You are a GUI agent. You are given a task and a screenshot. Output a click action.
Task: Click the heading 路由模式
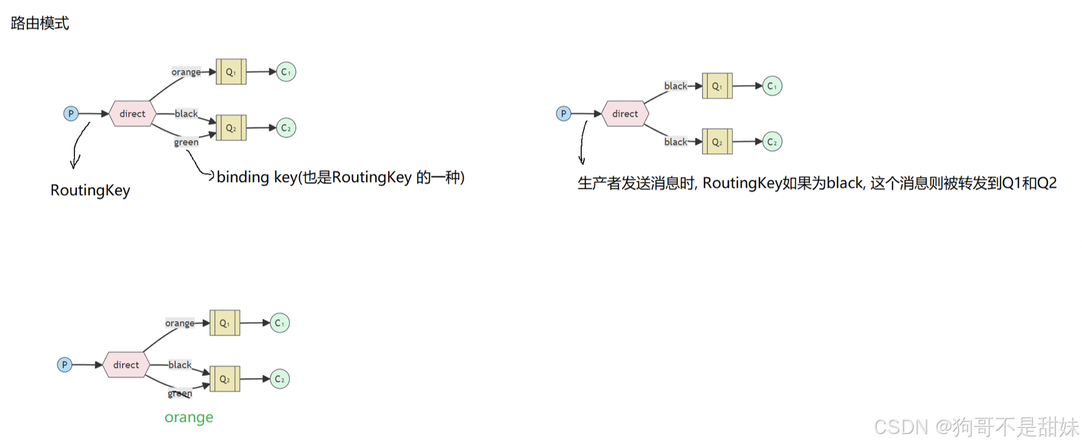(40, 23)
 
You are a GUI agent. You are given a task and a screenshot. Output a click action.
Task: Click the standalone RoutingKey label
(90, 190)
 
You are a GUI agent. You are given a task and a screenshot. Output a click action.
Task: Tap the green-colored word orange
(189, 418)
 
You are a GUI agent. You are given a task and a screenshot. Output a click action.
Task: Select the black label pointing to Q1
(675, 86)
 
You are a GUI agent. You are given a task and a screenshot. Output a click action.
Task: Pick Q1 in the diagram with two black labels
(717, 86)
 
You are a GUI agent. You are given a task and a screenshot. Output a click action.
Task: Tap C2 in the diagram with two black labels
(772, 142)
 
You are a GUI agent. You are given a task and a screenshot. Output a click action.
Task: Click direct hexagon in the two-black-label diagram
(625, 114)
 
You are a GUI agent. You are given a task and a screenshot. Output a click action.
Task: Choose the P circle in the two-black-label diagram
(564, 114)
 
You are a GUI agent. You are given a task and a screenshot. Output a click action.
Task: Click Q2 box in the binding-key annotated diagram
(231, 128)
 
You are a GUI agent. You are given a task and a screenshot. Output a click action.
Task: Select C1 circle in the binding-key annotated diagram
(286, 72)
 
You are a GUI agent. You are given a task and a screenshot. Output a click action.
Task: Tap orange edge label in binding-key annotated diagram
(186, 72)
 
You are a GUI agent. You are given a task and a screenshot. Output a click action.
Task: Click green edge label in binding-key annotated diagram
(186, 143)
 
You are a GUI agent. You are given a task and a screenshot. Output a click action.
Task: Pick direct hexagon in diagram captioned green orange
(126, 365)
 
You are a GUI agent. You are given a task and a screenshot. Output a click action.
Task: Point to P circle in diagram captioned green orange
(65, 365)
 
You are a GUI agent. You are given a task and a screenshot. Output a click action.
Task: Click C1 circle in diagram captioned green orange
(280, 323)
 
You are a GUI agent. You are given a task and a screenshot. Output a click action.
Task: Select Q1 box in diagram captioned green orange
(225, 323)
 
